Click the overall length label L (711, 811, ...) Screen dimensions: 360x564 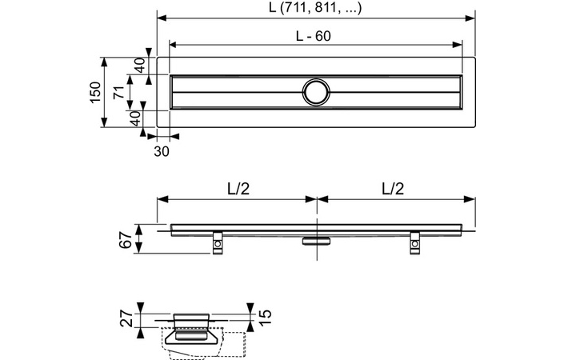tap(316, 8)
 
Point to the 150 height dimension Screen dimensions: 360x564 tap(94, 92)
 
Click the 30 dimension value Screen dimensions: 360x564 tap(162, 150)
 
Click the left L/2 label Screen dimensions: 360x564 tap(237, 190)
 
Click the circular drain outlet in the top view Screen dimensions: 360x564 tap(316, 92)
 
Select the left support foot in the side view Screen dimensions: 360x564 tap(217, 242)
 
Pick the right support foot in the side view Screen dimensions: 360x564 tap(415, 242)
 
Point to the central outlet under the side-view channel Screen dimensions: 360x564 tap(316, 239)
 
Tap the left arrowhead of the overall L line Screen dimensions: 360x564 tap(161, 17)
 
